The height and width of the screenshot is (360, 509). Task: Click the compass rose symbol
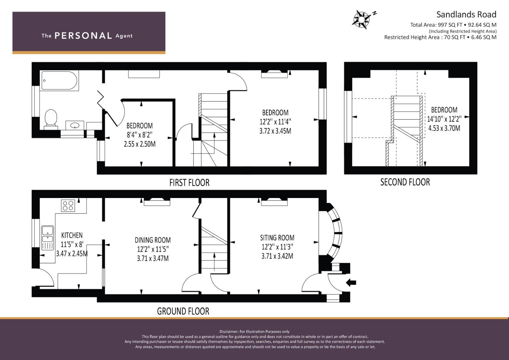coord(361,18)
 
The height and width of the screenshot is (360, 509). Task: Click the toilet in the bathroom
coord(51,118)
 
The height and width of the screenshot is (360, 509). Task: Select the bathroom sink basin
coord(75,125)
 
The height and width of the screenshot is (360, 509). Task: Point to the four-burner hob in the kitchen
coord(68,205)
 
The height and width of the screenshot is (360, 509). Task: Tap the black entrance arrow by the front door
coord(351,283)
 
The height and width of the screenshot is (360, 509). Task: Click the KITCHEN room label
coord(72,235)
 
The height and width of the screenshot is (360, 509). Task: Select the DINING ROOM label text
coord(153,240)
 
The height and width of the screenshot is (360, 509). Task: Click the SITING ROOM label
coord(277,238)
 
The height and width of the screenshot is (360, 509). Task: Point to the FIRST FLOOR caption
coord(189,183)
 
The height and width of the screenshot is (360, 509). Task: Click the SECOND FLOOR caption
coord(405,182)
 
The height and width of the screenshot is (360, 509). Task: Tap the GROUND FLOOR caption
coord(183,311)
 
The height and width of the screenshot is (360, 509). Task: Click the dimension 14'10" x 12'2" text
coord(444,119)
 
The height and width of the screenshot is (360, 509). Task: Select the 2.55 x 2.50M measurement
coord(140,144)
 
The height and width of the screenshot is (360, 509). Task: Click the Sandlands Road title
coord(466,14)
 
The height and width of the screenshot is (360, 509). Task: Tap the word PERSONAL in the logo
coord(83,36)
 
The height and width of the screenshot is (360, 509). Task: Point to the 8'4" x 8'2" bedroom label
coord(140,135)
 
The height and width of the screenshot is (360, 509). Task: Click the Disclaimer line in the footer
coord(254,331)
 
